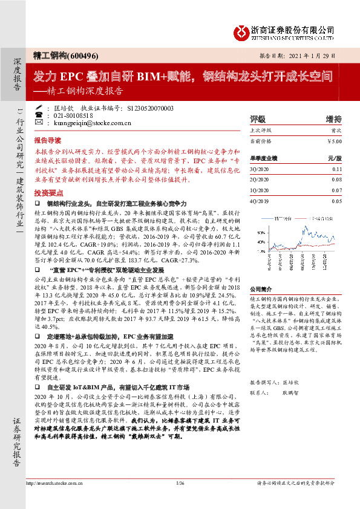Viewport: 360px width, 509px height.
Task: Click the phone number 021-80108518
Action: pos(73,115)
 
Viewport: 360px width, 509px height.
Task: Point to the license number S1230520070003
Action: pos(151,108)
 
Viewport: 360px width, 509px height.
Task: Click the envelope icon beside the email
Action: pos(39,123)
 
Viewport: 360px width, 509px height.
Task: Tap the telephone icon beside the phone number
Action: pos(39,115)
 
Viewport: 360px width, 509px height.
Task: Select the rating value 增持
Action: pos(333,118)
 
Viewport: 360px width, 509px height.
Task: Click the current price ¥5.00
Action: pos(334,141)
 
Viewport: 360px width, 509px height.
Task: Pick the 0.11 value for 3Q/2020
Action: pos(336,170)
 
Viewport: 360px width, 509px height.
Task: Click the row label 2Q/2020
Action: pos(259,180)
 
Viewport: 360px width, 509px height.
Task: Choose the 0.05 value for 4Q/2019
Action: pos(336,201)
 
